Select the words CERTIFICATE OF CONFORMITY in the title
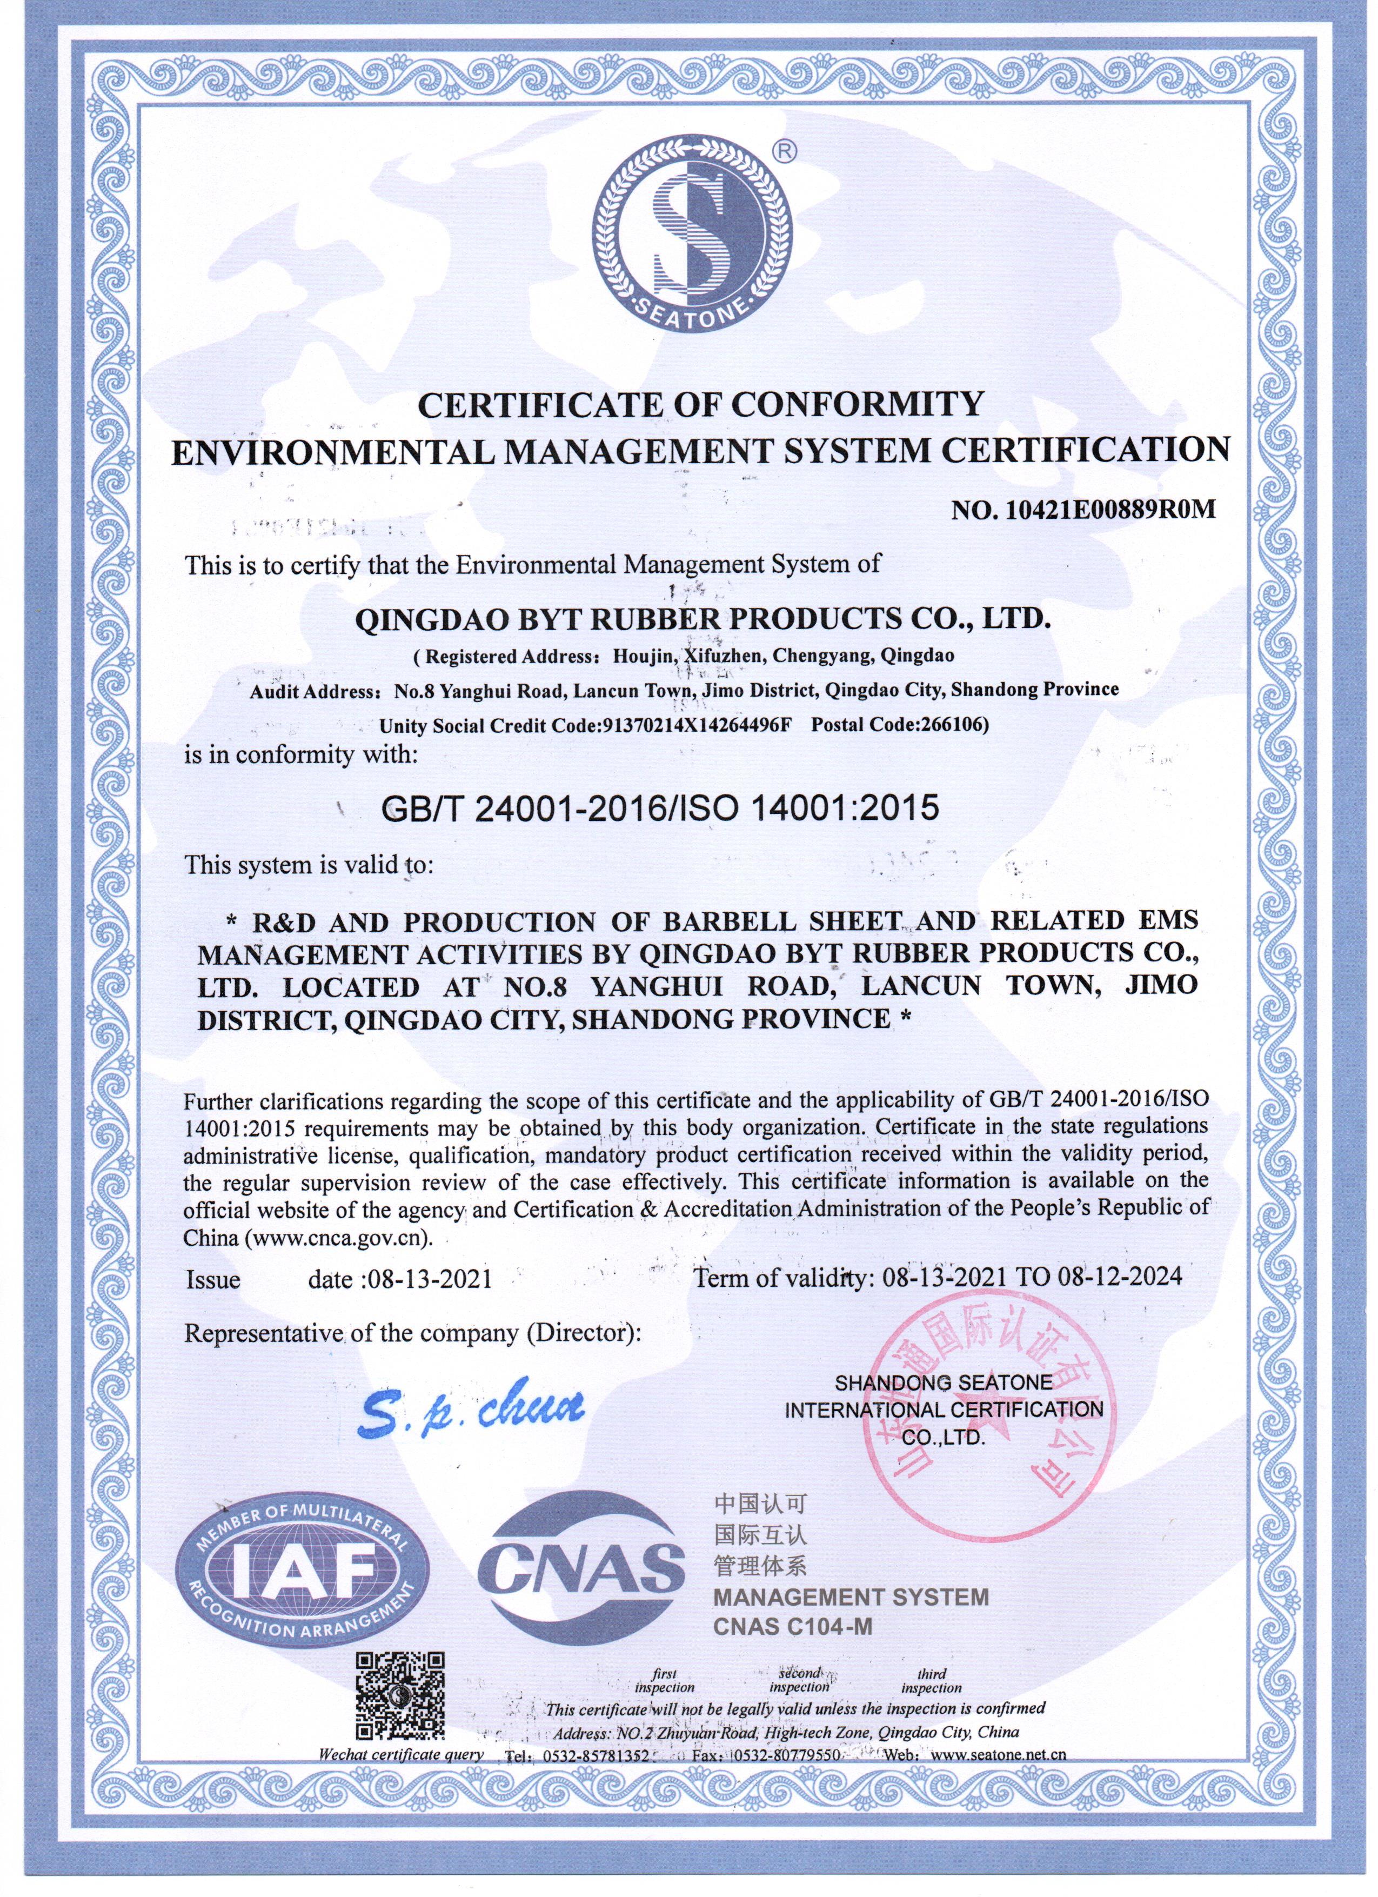(x=701, y=405)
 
